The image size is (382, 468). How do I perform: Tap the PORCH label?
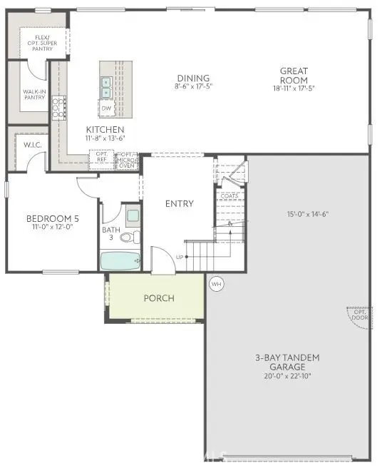pyautogui.click(x=158, y=297)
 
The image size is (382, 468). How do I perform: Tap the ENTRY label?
pyautogui.click(x=179, y=203)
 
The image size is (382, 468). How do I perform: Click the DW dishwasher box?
pyautogui.click(x=106, y=108)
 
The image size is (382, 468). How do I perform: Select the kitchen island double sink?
pyautogui.click(x=106, y=87)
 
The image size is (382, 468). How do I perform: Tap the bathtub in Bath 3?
pyautogui.click(x=120, y=261)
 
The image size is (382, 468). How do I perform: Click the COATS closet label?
pyautogui.click(x=229, y=196)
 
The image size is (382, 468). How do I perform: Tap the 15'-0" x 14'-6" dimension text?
pyautogui.click(x=307, y=213)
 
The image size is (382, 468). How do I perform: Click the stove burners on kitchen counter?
pyautogui.click(x=58, y=108)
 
